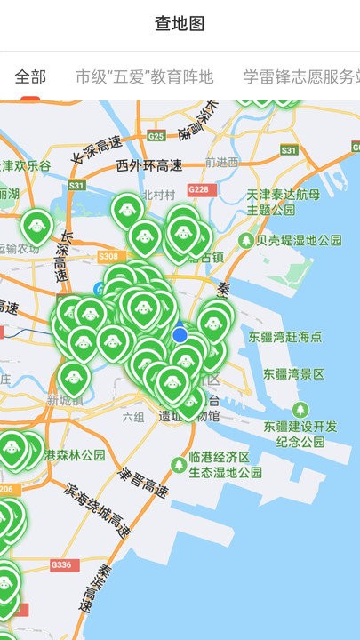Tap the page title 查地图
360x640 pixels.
click(x=180, y=24)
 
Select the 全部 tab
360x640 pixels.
click(x=30, y=77)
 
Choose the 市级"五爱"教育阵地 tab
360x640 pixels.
click(x=145, y=77)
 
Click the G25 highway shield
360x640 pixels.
click(x=156, y=136)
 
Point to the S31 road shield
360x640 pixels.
click(x=77, y=185)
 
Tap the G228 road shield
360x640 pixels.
click(x=200, y=189)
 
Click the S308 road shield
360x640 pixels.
click(x=108, y=256)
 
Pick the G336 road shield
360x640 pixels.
click(x=61, y=564)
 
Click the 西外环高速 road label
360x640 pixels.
click(x=148, y=164)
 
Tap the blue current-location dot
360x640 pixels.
click(x=180, y=335)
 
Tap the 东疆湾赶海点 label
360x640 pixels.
click(x=285, y=336)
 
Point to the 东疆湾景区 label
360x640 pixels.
click(x=287, y=373)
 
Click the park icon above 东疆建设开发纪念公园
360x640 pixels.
click(x=301, y=408)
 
